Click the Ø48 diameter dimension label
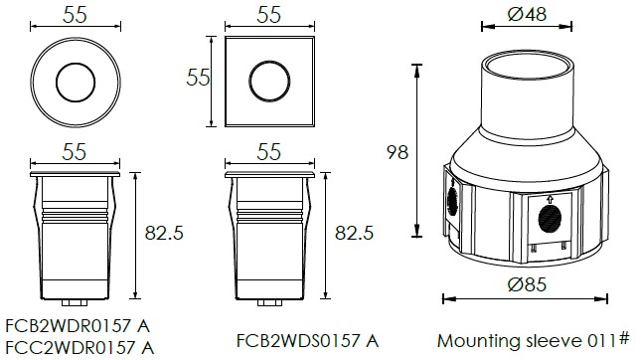[527, 14]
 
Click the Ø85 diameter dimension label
[527, 284]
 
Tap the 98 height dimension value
[398, 152]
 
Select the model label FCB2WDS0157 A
[307, 340]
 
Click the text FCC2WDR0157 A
[80, 348]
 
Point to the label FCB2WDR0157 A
[78, 326]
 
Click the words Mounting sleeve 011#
[533, 340]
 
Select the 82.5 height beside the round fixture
[164, 233]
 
